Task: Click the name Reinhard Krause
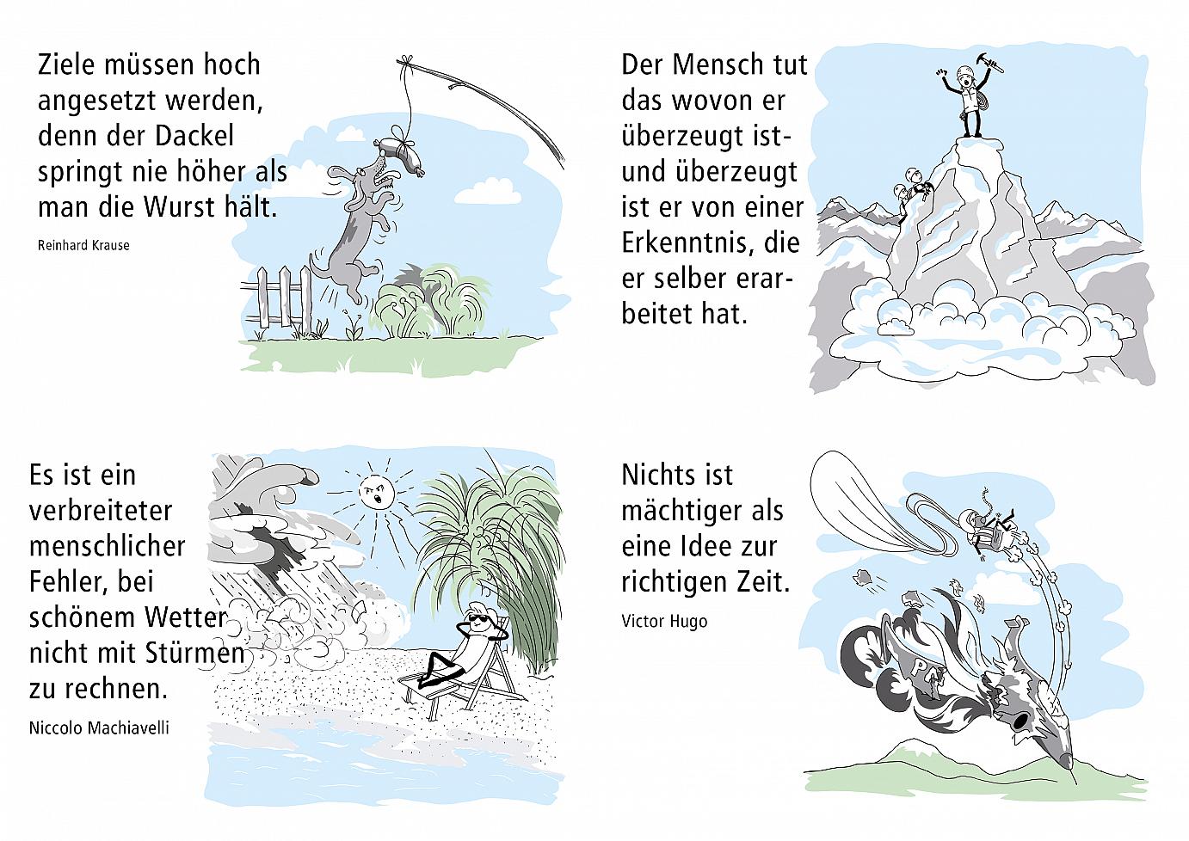[x=83, y=245]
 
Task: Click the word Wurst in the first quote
[x=180, y=207]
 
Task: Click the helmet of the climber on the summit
[x=964, y=72]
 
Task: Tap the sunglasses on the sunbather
[x=475, y=622]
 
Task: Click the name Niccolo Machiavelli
[x=99, y=727]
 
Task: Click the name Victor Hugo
[x=664, y=622]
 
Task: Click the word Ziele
[x=67, y=65]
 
